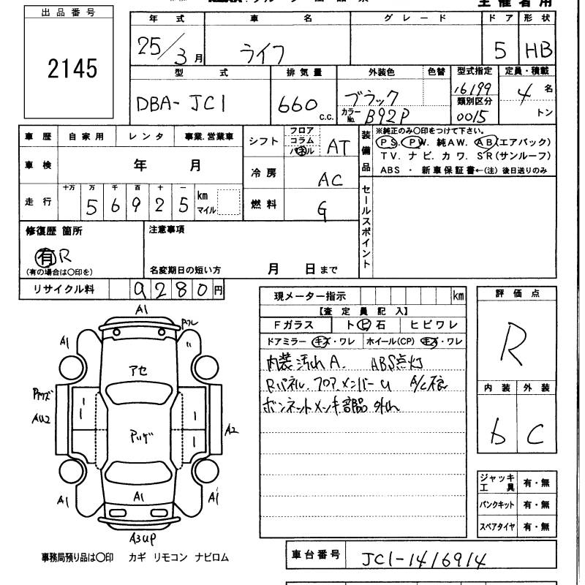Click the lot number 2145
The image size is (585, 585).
coord(72,69)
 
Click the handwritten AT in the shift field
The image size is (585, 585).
coord(337,147)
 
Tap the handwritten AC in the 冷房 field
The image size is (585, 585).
coord(331,178)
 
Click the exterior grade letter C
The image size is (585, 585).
coord(537,434)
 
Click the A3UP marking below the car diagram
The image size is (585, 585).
coord(143,540)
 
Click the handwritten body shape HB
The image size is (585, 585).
coord(539,50)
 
